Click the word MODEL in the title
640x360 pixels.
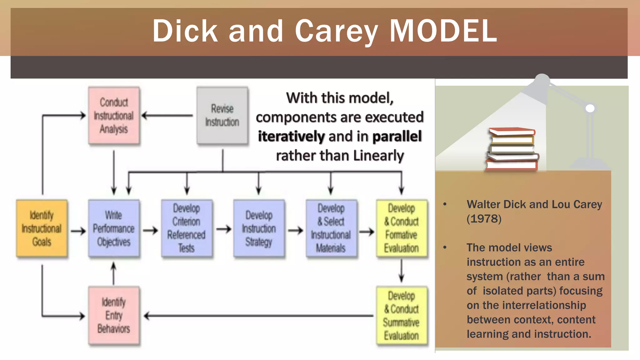pos(443,31)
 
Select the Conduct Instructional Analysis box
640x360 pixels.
pos(114,116)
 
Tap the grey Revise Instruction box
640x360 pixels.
pos(222,115)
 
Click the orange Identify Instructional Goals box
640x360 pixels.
pos(42,228)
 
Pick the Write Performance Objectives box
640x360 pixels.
pos(114,228)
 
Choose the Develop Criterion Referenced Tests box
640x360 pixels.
pos(187,228)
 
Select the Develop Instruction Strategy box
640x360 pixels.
pos(259,228)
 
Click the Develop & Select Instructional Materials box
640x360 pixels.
pos(331,228)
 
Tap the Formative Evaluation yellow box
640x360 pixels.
pos(402,228)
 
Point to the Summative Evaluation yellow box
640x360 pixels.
pos(402,316)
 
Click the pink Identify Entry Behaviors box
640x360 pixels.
pos(114,316)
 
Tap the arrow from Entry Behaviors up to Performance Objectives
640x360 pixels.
pos(114,273)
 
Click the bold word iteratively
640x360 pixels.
pos(291,137)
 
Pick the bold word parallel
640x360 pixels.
pos(397,137)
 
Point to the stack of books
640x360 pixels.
pos(512,149)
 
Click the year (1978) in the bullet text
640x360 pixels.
pos(484,219)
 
